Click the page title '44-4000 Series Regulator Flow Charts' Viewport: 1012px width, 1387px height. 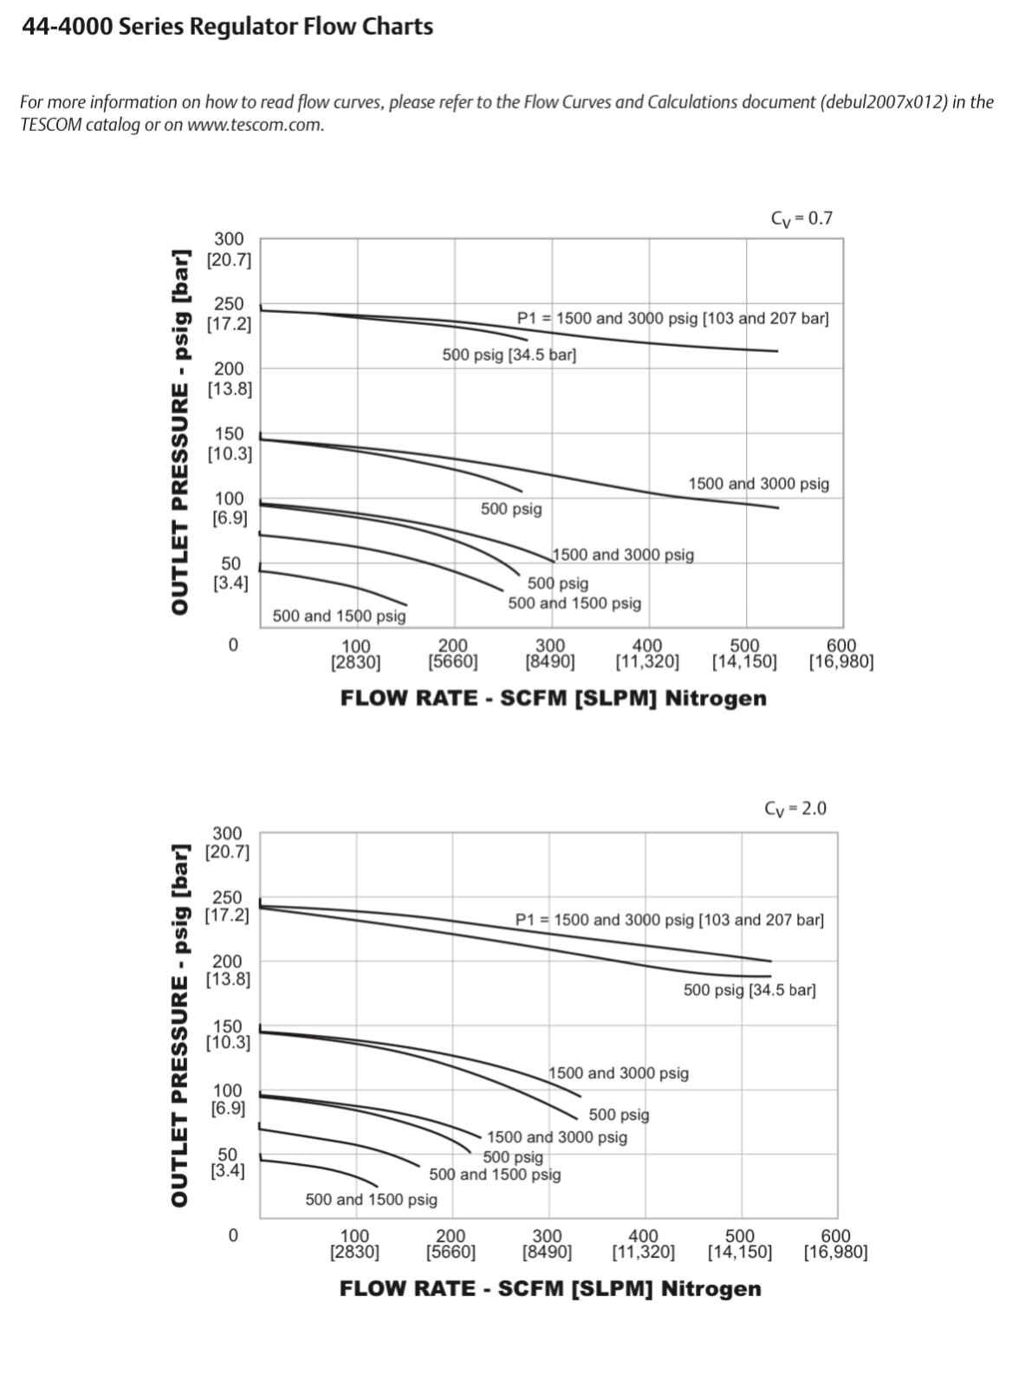(x=227, y=27)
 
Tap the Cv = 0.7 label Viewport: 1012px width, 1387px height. (x=801, y=218)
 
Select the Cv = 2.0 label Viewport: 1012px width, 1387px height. (x=795, y=809)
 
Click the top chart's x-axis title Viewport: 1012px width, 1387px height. (x=553, y=699)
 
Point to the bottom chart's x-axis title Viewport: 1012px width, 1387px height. (x=550, y=1289)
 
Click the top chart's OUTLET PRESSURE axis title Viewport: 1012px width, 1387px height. (x=179, y=432)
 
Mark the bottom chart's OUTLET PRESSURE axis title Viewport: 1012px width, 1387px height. (x=179, y=1025)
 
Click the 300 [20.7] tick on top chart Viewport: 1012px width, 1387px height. (x=229, y=250)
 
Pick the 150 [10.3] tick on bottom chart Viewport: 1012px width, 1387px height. (x=227, y=1034)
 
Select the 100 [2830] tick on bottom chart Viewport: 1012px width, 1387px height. (x=354, y=1244)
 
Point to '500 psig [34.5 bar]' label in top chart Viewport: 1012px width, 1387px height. (x=509, y=355)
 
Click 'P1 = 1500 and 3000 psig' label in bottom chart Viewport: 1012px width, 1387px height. (x=669, y=920)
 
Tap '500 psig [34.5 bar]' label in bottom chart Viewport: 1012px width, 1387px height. (x=749, y=990)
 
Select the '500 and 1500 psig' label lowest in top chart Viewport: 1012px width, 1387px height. (x=339, y=616)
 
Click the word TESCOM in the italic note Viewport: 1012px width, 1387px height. (x=50, y=125)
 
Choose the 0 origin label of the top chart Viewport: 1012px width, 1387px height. (x=232, y=646)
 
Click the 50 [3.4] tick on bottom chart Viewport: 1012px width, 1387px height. (x=227, y=1162)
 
